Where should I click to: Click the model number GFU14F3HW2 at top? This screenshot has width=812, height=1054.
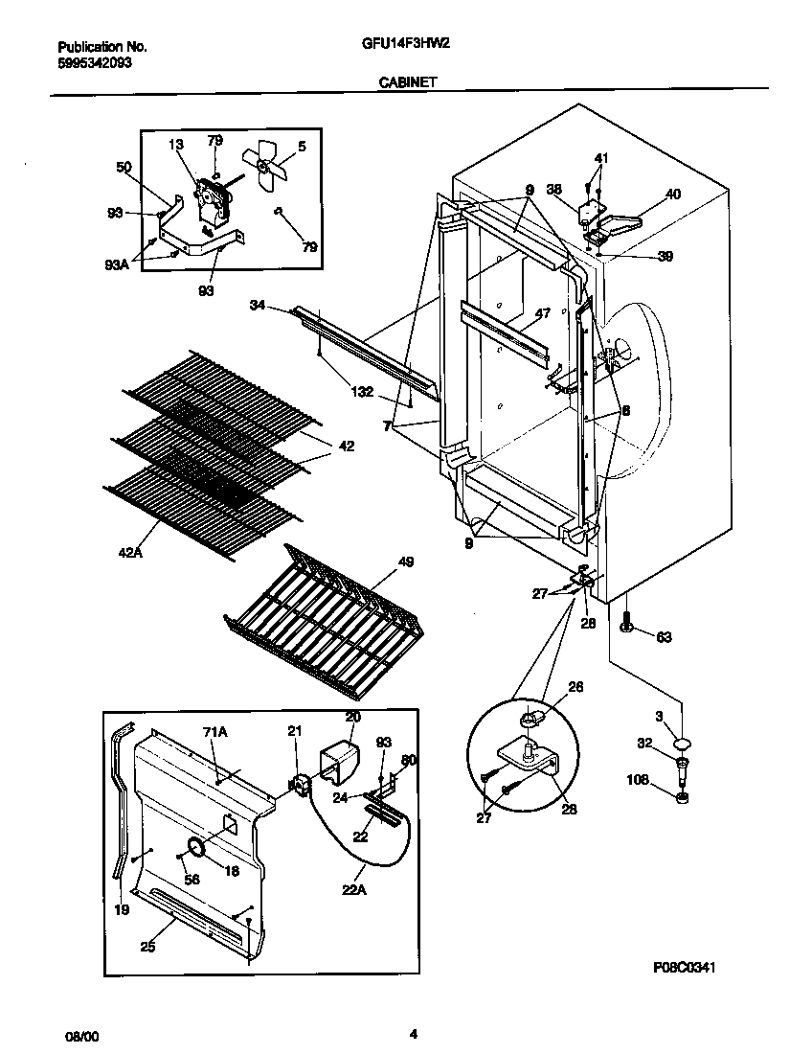(x=406, y=45)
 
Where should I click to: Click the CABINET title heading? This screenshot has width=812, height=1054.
(x=407, y=82)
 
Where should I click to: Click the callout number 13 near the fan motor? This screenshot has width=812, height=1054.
(x=175, y=144)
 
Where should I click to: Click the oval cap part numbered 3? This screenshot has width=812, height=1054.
(x=682, y=743)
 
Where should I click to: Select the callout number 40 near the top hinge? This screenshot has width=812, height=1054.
(x=672, y=195)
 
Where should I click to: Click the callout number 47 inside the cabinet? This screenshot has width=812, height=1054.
(x=542, y=313)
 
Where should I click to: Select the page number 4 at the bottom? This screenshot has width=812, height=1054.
(x=413, y=1033)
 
